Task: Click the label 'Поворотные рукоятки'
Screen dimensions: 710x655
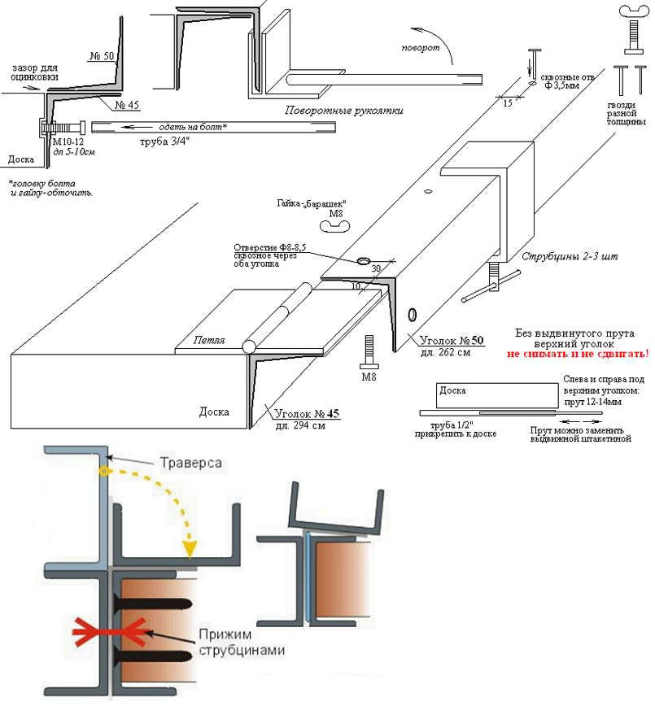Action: point(344,110)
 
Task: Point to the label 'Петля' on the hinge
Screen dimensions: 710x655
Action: point(210,342)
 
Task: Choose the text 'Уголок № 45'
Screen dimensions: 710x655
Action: point(306,413)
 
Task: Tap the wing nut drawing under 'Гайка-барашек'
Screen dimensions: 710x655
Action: point(334,229)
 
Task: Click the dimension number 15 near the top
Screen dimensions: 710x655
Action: point(506,104)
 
